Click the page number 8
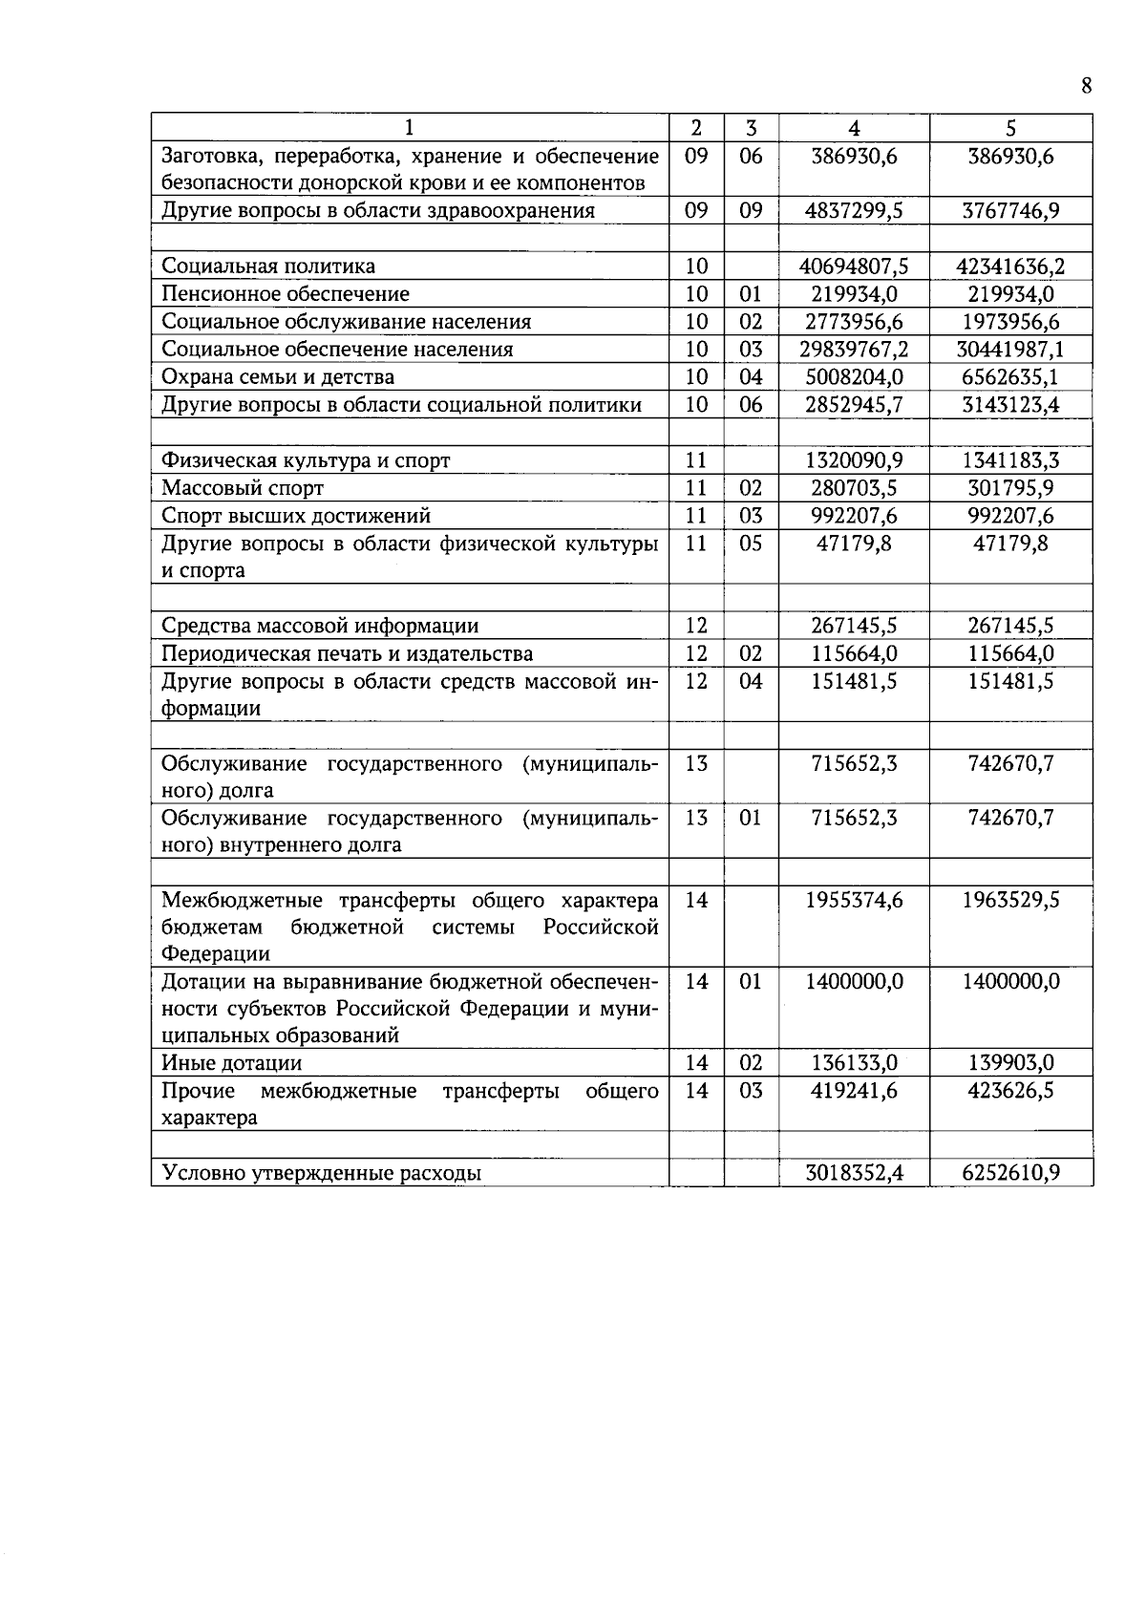1086,86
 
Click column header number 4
854,128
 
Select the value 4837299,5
854,211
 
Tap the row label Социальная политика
268,267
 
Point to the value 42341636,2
1010,267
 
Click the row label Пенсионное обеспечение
286,294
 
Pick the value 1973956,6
1010,322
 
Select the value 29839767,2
854,350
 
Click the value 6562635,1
1010,377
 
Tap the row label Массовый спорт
243,488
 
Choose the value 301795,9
1010,488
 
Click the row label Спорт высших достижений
296,516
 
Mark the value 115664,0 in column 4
854,654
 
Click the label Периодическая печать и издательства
348,654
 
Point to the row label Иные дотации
232,1063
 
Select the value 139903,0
1010,1063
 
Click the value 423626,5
1010,1091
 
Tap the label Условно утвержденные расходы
321,1173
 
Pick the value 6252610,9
1010,1173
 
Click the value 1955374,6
854,901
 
